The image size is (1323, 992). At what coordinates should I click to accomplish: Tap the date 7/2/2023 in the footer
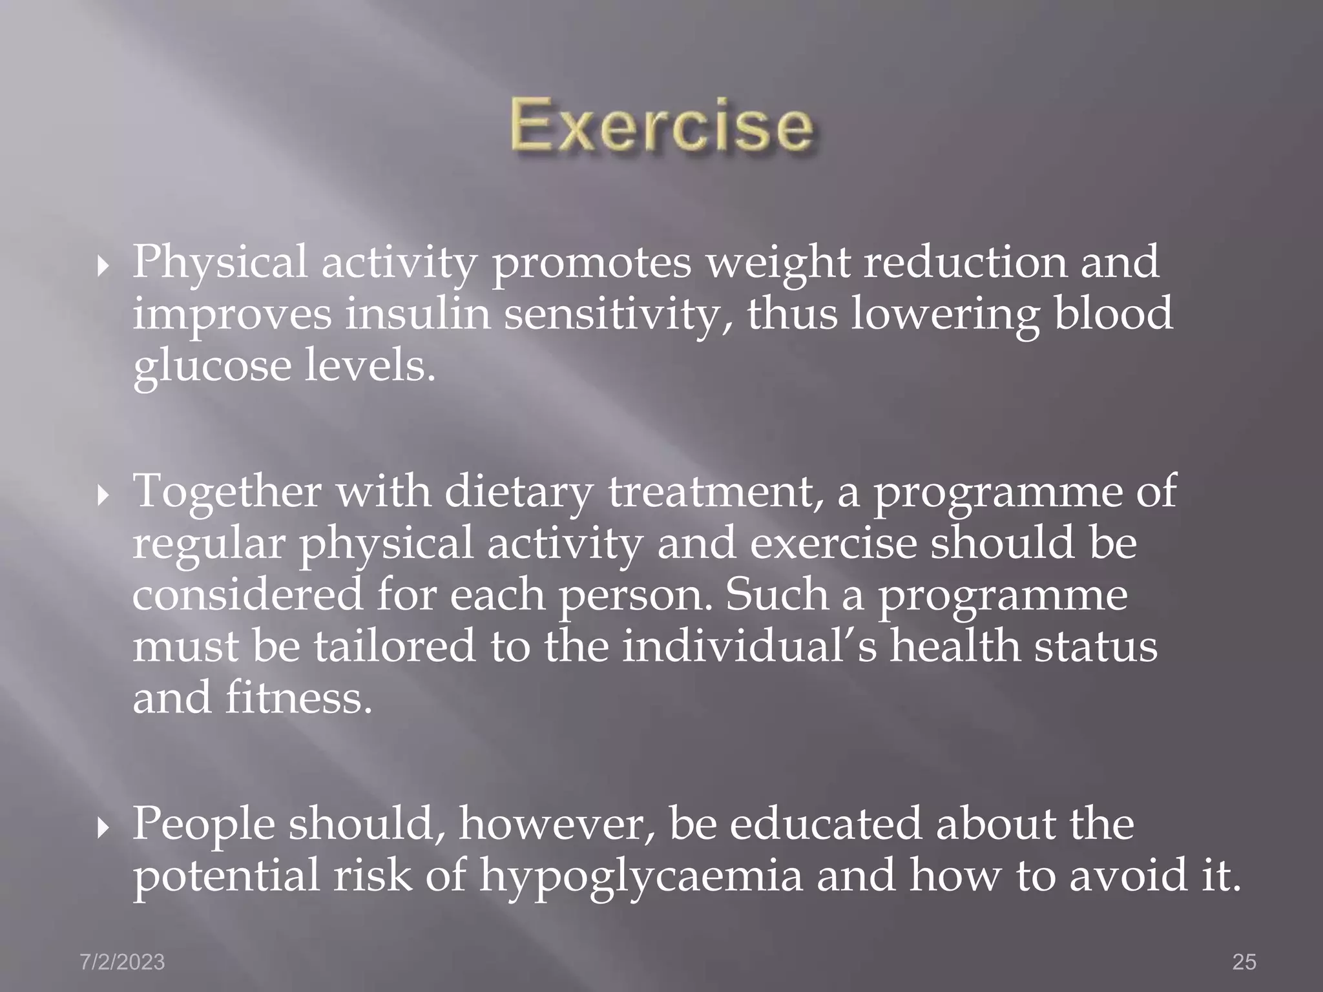(x=122, y=962)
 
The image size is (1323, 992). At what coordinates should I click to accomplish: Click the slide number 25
(x=1244, y=962)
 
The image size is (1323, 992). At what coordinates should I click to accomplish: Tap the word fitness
(x=298, y=698)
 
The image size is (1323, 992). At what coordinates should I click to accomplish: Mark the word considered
(x=247, y=595)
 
